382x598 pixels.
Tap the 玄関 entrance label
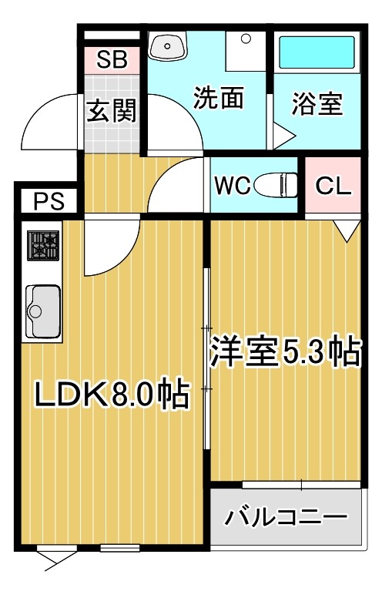pyautogui.click(x=111, y=112)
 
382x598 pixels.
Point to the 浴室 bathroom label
pyautogui.click(x=316, y=104)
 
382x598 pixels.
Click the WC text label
pyautogui.click(x=230, y=186)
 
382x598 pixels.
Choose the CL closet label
pyautogui.click(x=333, y=186)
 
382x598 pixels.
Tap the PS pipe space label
pyautogui.click(x=45, y=202)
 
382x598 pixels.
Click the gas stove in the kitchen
pyautogui.click(x=44, y=246)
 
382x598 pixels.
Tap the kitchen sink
pyautogui.click(x=43, y=309)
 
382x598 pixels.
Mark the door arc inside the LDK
pyautogui.click(x=108, y=250)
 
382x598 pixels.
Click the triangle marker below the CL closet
pyautogui.click(x=346, y=227)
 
